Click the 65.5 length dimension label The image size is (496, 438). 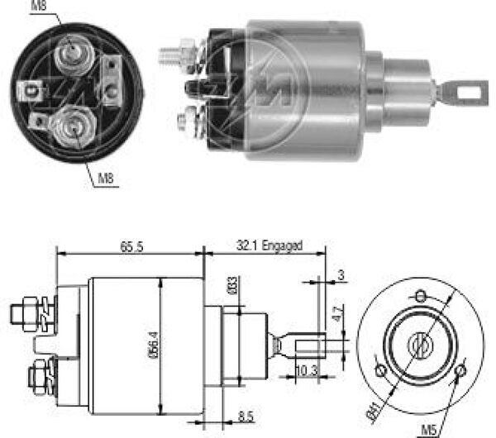point(131,246)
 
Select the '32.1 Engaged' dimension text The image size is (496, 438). point(269,245)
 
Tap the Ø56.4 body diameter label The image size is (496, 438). point(154,345)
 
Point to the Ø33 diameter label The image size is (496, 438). point(232,285)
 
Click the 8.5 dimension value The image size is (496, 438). point(246,417)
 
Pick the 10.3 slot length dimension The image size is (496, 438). point(306,370)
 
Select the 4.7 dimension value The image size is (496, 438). point(337,313)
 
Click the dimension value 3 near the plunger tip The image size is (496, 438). point(341,275)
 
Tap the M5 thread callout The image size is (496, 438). point(429,430)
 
